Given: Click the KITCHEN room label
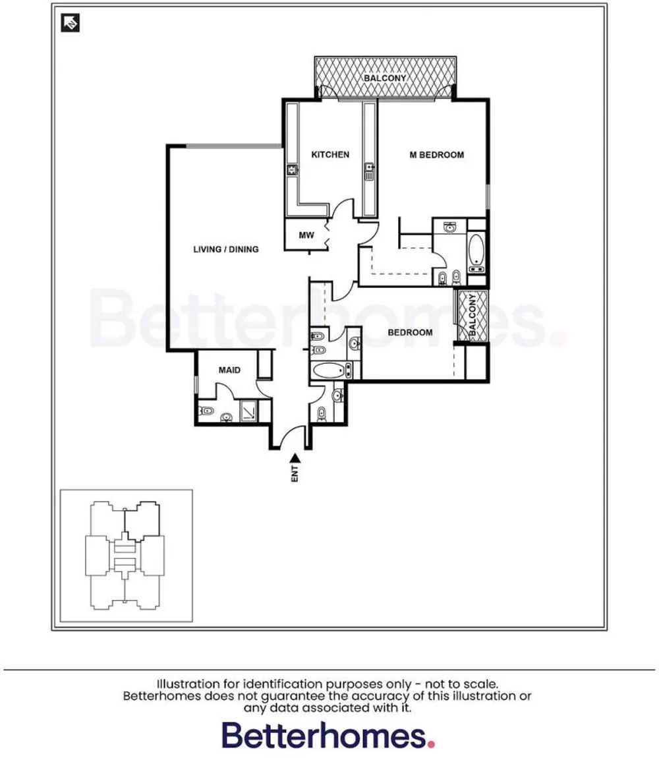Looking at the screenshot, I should click(330, 154).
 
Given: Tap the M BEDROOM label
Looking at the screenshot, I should click(436, 155).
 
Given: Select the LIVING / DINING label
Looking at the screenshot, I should click(225, 249).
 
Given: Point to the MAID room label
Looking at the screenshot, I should click(229, 370).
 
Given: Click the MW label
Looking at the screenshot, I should click(306, 235).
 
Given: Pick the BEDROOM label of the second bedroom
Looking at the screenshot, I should click(410, 332).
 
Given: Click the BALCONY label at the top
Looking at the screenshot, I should click(385, 78).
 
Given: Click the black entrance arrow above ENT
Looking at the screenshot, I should click(295, 457).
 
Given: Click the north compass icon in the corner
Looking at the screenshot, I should click(70, 23).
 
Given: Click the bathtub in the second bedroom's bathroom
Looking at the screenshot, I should click(329, 370).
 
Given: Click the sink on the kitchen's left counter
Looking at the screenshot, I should click(291, 171).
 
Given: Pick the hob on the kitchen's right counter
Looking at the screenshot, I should click(370, 172).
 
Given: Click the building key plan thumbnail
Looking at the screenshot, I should click(126, 555).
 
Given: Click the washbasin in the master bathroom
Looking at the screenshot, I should click(450, 227).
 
